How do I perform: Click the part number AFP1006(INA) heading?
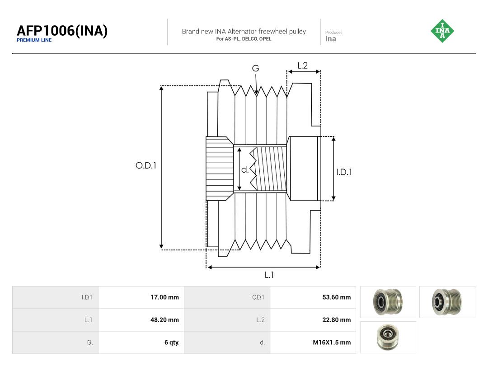point(62,31)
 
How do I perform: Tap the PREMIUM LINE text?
point(34,40)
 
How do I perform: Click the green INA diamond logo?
point(442,31)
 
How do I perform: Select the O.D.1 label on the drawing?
point(145,165)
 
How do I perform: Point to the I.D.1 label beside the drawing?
point(344,172)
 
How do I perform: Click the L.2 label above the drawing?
point(302,66)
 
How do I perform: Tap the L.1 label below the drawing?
point(269,275)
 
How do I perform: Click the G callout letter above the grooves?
point(255,68)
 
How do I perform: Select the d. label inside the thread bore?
point(245,169)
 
